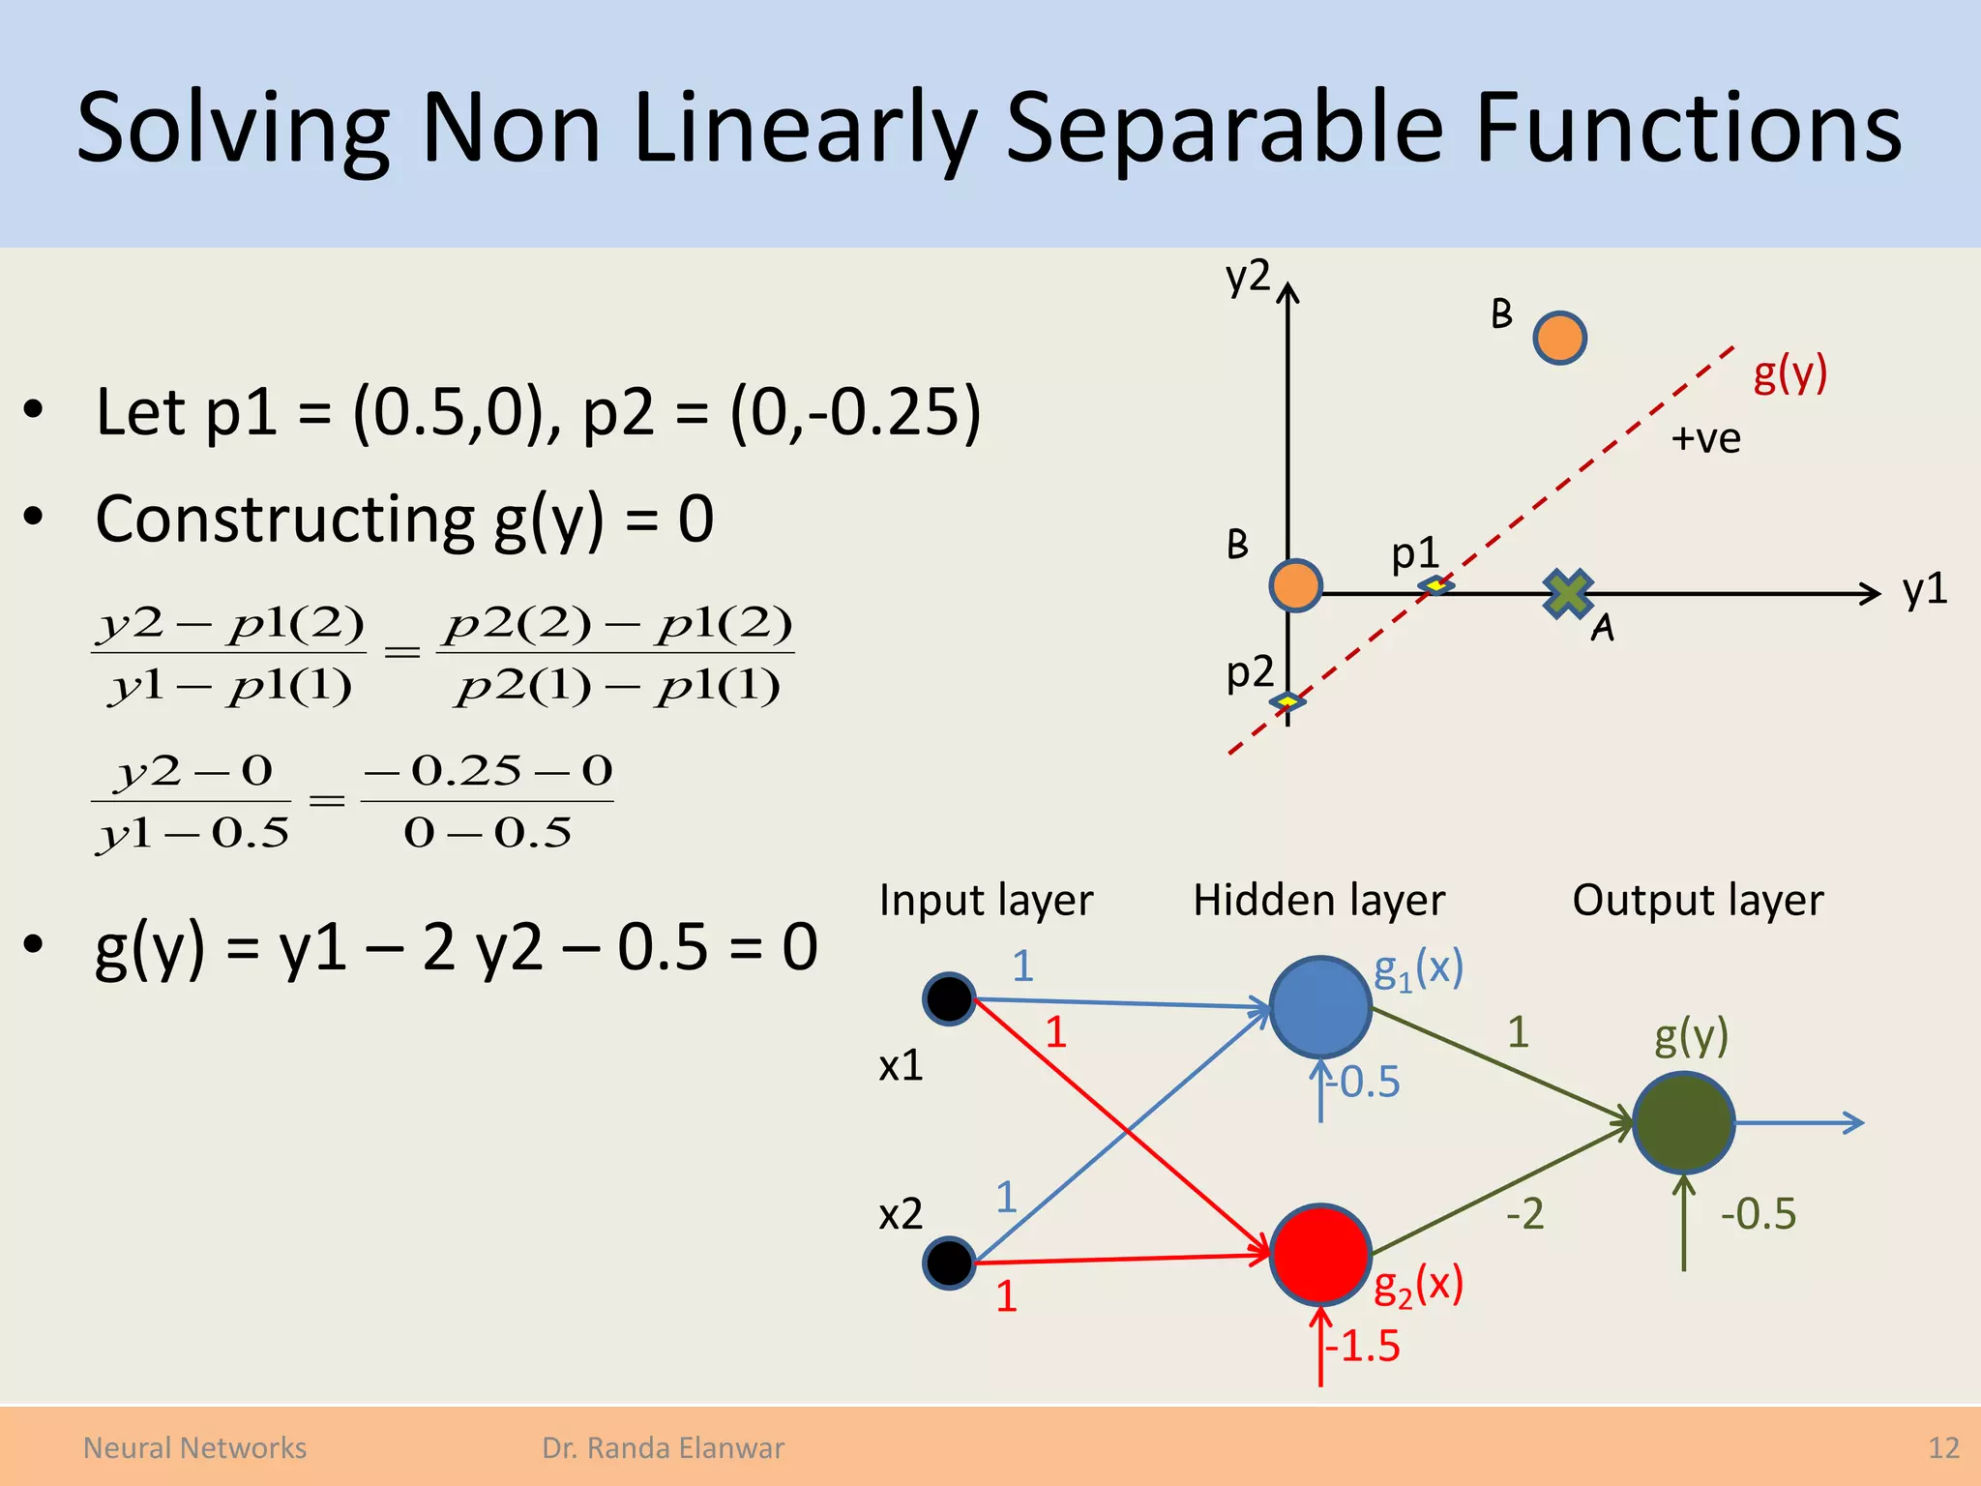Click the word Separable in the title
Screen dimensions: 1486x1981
tap(1225, 128)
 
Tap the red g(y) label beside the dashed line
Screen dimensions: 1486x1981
tap(1789, 372)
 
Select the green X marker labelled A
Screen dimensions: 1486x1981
tap(1568, 593)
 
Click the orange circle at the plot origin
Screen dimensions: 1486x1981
tap(1295, 585)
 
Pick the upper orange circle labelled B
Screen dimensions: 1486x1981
tap(1559, 338)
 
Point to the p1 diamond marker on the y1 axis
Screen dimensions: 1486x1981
tap(1435, 585)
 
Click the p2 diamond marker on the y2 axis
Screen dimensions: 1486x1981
tap(1287, 700)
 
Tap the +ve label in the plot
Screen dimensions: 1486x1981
tap(1705, 438)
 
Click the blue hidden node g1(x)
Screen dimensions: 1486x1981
tap(1319, 1007)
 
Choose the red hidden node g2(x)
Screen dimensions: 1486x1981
tap(1319, 1254)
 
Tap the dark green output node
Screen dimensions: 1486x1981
tap(1683, 1123)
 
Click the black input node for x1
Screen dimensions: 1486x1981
tap(948, 998)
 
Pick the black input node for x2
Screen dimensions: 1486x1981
tap(948, 1262)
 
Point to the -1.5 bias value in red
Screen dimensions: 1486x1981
tap(1362, 1346)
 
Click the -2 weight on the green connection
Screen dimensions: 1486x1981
tap(1524, 1213)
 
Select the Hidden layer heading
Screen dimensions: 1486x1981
tap(1318, 900)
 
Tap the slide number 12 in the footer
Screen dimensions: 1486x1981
tap(1943, 1447)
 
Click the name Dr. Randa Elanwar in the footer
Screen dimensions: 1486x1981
tap(663, 1447)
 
